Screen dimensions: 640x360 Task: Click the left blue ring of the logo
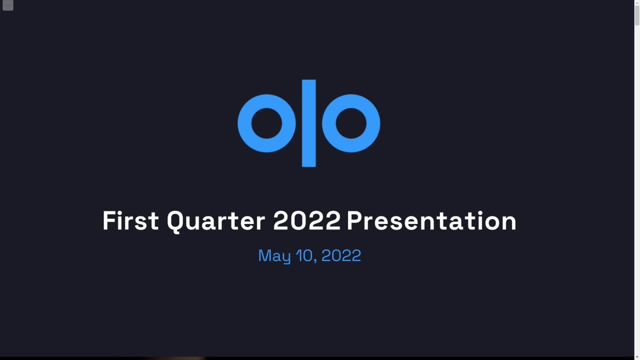coord(244,124)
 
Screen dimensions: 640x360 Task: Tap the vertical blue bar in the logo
coord(309,123)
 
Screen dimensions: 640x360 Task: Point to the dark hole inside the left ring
coord(267,124)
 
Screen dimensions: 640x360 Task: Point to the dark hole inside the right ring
coord(351,124)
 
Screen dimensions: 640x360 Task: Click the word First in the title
coord(131,221)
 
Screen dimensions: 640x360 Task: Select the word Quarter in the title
coord(216,221)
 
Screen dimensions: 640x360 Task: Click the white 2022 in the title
coord(307,220)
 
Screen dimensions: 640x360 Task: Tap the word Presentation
coord(432,220)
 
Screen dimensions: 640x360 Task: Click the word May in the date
coord(274,256)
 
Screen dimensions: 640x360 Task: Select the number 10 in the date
coord(304,255)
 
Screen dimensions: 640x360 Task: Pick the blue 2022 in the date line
coord(341,255)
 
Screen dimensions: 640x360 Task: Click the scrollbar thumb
coord(637,16)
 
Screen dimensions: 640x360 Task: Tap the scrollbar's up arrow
coord(637,3)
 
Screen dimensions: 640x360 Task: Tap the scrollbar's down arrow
coord(637,357)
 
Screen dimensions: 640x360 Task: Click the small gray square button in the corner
coord(8,5)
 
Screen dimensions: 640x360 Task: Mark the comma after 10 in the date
coord(316,260)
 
